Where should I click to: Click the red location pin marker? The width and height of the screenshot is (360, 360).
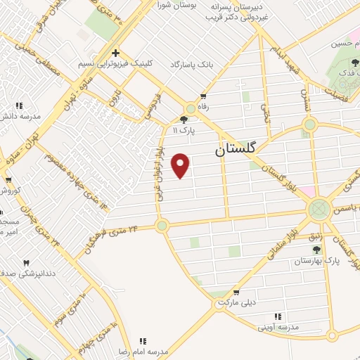pyautogui.click(x=181, y=165)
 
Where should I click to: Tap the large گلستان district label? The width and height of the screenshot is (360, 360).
pyautogui.click(x=236, y=149)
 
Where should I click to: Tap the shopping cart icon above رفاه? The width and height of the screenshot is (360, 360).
pyautogui.click(x=203, y=96)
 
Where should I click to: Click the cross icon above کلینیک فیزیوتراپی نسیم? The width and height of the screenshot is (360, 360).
pyautogui.click(x=116, y=53)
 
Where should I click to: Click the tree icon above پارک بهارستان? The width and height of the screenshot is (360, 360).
pyautogui.click(x=317, y=250)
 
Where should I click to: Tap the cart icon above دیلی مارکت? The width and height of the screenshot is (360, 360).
pyautogui.click(x=236, y=292)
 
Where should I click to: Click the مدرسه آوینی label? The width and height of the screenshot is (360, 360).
pyautogui.click(x=278, y=327)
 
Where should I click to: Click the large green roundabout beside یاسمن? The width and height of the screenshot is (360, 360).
pyautogui.click(x=319, y=208)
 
